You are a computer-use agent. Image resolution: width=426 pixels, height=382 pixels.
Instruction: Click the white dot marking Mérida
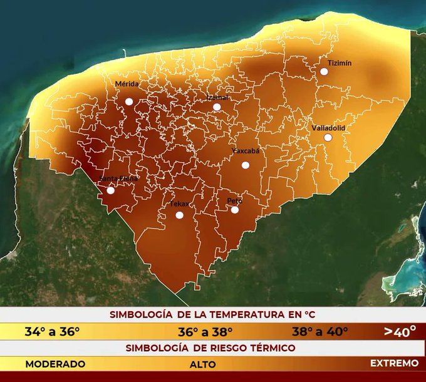click(x=129, y=101)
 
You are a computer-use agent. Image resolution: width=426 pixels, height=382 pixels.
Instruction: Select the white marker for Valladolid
click(x=328, y=137)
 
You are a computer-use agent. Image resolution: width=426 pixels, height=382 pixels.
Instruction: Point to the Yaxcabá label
click(x=245, y=151)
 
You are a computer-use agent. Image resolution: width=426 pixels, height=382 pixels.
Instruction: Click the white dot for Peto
click(x=235, y=210)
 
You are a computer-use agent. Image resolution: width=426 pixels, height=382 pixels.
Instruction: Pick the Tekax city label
click(x=179, y=204)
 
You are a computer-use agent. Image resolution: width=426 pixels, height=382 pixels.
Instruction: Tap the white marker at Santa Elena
click(x=111, y=190)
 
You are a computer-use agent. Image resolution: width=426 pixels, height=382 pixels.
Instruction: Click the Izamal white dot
click(x=217, y=107)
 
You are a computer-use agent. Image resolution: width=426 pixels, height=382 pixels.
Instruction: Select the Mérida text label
click(x=127, y=84)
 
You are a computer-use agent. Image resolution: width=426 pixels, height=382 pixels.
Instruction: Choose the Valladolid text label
click(x=328, y=128)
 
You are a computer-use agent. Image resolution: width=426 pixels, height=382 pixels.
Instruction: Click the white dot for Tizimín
click(x=325, y=71)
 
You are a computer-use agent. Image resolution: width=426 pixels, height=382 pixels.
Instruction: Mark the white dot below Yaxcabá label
click(x=246, y=165)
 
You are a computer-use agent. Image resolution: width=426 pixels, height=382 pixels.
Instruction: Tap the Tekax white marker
click(x=179, y=215)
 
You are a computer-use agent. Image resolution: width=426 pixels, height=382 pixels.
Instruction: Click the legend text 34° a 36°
click(x=52, y=331)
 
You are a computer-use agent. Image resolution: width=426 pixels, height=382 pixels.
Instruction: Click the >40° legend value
click(x=400, y=331)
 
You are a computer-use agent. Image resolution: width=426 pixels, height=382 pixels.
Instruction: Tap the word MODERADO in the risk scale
click(x=55, y=363)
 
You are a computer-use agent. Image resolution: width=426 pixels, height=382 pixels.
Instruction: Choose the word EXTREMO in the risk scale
click(x=394, y=363)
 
